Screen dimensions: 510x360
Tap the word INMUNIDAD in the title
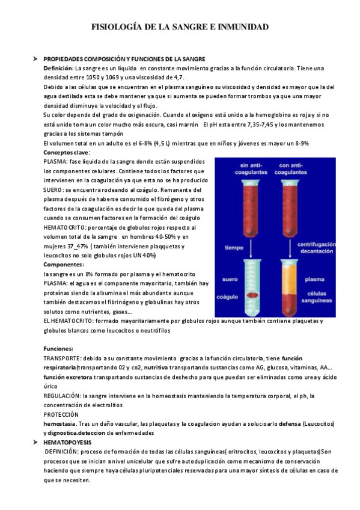pos(242,27)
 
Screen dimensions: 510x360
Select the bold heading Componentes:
pos(64,265)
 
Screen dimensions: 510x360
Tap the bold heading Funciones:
pos(58,349)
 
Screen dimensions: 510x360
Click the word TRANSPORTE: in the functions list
pos(63,358)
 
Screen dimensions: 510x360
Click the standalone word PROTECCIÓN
pos(61,415)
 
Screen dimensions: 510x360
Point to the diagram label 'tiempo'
pos(234,247)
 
